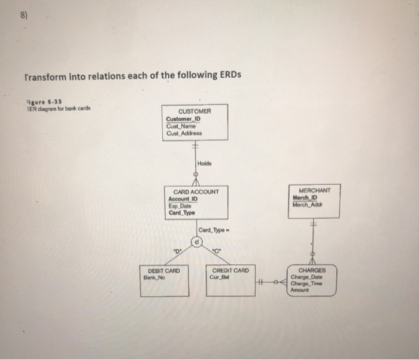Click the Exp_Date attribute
click(x=180, y=205)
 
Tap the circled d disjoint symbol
click(x=195, y=242)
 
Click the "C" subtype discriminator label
click(x=217, y=251)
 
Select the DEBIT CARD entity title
click(x=163, y=271)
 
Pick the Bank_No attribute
click(x=154, y=277)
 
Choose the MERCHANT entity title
click(x=315, y=191)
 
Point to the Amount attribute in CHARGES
click(x=299, y=290)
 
